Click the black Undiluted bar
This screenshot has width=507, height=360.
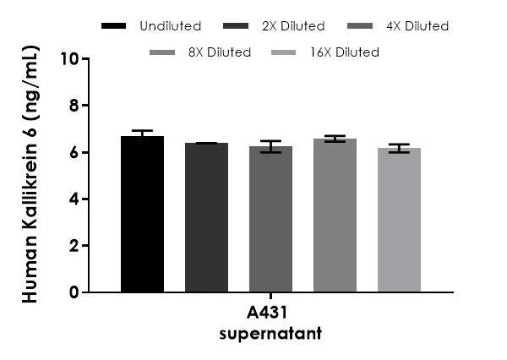pos(142,215)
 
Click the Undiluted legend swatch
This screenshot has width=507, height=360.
pos(113,26)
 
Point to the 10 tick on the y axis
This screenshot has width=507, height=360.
pos(70,59)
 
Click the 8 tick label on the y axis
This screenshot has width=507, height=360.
pos(74,106)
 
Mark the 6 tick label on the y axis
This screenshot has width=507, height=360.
pos(74,152)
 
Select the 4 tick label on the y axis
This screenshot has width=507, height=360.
pos(74,199)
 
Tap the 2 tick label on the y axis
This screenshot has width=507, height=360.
pos(74,246)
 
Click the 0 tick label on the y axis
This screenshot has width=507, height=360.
pos(74,292)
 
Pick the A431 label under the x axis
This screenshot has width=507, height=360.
pos(270,315)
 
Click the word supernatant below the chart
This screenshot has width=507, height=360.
pos(270,333)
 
